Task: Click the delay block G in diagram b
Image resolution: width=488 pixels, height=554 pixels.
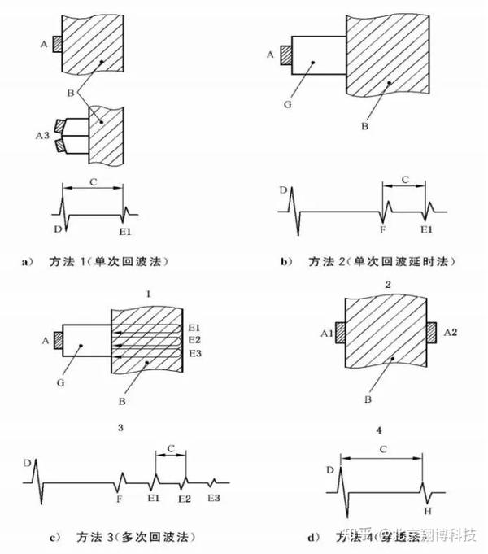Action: coord(319,56)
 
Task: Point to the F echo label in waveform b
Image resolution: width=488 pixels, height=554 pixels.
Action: coord(383,230)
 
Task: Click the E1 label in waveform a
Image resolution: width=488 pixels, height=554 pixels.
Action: coord(124,232)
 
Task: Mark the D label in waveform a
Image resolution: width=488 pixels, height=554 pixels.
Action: coord(58,229)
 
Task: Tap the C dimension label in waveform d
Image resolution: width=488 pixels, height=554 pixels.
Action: coord(381,447)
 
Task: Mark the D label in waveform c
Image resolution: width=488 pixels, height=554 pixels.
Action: coord(28,463)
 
